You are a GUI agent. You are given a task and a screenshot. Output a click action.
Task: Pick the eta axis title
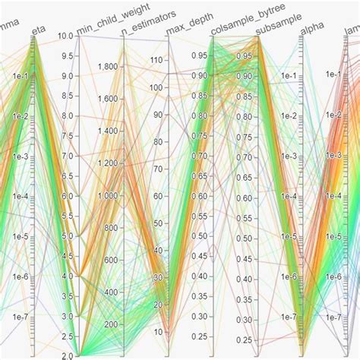pos(38,30)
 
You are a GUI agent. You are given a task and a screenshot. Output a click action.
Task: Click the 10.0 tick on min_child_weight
pos(65,36)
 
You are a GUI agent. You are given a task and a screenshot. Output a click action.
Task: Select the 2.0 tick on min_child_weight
pos(65,355)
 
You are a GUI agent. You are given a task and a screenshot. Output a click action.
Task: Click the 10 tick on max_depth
pos(160,332)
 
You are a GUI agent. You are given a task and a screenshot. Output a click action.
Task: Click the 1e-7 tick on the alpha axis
pos(288,317)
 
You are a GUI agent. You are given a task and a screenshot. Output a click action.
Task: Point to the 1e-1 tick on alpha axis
pos(288,75)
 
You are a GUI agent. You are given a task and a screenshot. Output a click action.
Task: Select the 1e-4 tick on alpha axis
pos(288,196)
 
